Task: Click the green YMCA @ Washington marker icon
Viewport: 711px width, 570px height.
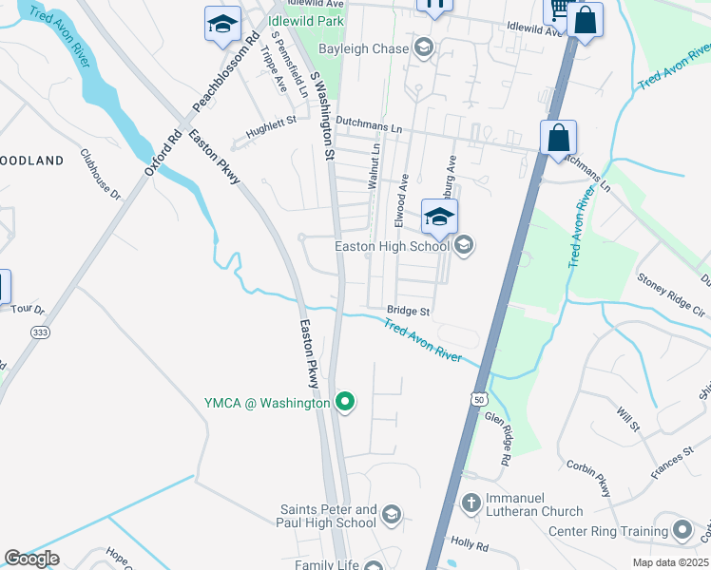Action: pos(347,403)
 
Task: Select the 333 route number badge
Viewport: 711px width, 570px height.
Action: pos(41,332)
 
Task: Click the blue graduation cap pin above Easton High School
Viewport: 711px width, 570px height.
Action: pos(439,217)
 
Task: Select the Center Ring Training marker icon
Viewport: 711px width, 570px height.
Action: pos(682,529)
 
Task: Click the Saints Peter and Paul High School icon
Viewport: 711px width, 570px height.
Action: pos(391,516)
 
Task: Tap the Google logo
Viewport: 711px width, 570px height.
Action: pos(31,559)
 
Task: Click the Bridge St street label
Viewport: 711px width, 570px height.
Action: pos(409,311)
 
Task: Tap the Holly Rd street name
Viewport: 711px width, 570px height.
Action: pos(470,546)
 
